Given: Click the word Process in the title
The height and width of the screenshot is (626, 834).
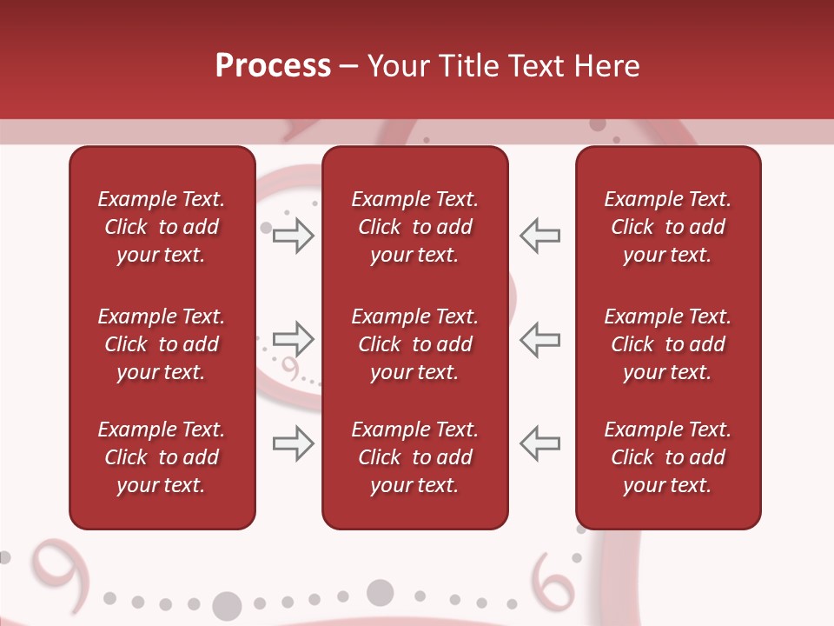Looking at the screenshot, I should click(x=273, y=66).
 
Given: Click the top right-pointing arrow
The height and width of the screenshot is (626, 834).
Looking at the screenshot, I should click(x=293, y=236).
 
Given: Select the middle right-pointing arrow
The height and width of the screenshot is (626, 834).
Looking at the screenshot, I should click(x=293, y=338).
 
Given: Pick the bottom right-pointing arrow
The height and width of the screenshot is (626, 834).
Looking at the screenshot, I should click(x=293, y=443).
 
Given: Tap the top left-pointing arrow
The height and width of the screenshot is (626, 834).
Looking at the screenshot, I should click(x=539, y=236).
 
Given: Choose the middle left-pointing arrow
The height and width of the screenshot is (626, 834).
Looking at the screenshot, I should click(x=539, y=338).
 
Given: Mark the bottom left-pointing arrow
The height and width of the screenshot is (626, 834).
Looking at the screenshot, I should click(x=539, y=443).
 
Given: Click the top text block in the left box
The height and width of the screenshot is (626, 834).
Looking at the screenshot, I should click(x=162, y=227).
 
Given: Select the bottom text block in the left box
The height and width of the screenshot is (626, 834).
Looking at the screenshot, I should click(x=162, y=457).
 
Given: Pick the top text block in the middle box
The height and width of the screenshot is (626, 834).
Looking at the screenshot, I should click(x=414, y=227).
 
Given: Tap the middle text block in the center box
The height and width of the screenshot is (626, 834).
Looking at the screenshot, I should click(x=414, y=344).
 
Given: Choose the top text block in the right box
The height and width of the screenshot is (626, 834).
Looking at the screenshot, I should click(x=668, y=227).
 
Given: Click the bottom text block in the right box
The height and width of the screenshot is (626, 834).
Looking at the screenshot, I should click(x=668, y=457).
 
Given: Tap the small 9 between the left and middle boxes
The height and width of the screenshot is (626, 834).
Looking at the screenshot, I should click(x=290, y=370).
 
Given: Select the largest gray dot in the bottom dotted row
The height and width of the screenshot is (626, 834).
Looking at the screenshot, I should click(x=227, y=605).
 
